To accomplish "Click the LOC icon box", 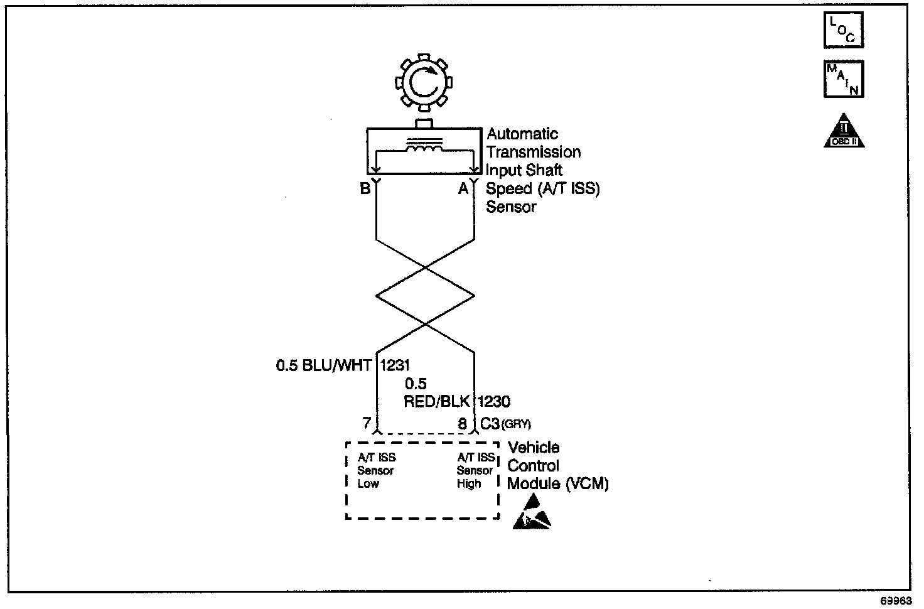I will pyautogui.click(x=843, y=30).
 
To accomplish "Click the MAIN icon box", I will pyautogui.click(x=843, y=78).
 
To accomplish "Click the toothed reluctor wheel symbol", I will pyautogui.click(x=423, y=82).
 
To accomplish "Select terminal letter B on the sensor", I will pyautogui.click(x=365, y=188).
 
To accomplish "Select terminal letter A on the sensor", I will pyautogui.click(x=463, y=188).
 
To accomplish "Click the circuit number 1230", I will pyautogui.click(x=494, y=401).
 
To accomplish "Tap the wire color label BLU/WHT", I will pyautogui.click(x=336, y=365).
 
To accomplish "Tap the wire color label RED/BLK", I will pyautogui.click(x=436, y=401).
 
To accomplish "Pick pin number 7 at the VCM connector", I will pyautogui.click(x=367, y=424).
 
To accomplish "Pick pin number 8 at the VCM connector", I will pyautogui.click(x=463, y=424).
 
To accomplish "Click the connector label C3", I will pyautogui.click(x=490, y=424).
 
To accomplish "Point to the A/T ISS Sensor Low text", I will pyautogui.click(x=377, y=471).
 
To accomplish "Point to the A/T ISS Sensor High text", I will pyautogui.click(x=475, y=471).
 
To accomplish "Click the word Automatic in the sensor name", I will pyautogui.click(x=522, y=134).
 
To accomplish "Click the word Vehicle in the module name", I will pyautogui.click(x=534, y=448).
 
